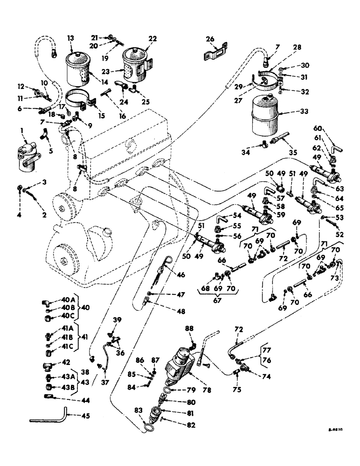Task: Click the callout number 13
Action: pyautogui.click(x=70, y=39)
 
